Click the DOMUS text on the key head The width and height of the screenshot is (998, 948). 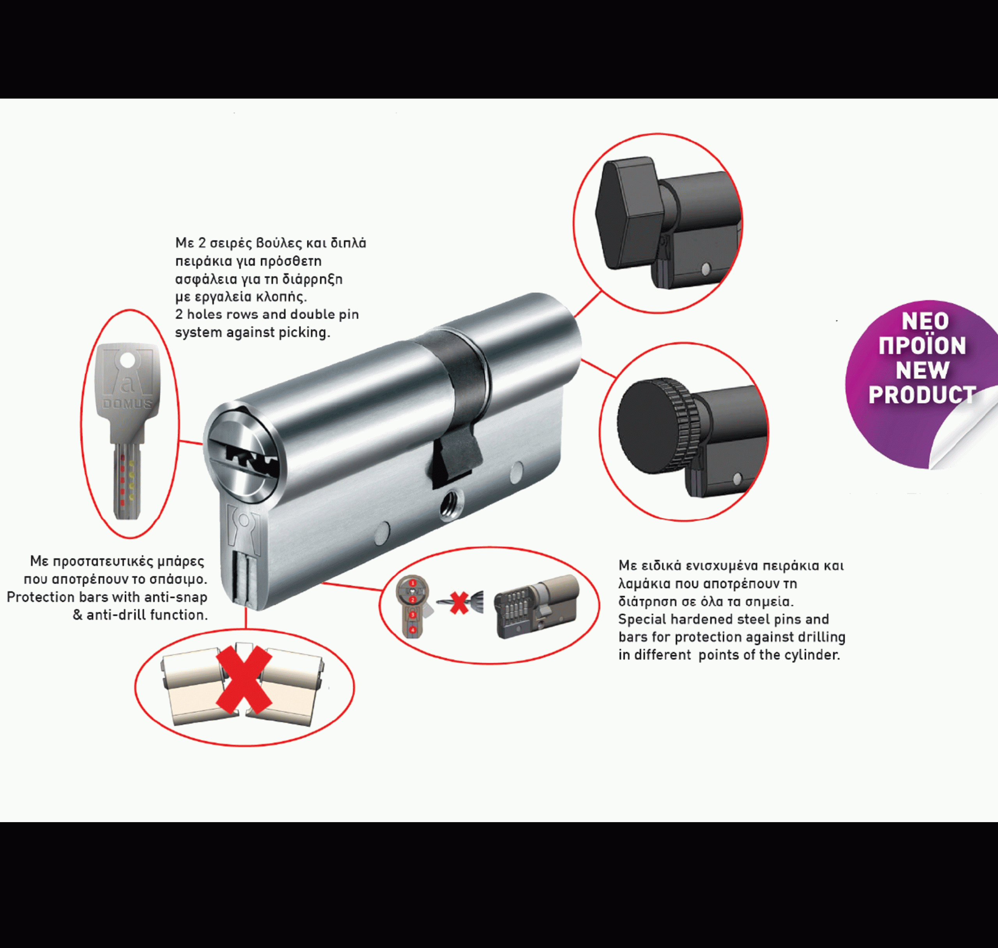[127, 404]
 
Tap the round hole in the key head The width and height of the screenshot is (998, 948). [128, 360]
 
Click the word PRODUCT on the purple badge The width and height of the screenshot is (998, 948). [922, 395]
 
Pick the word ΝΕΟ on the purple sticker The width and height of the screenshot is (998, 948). [925, 321]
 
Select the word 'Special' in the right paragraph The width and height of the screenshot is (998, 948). [642, 620]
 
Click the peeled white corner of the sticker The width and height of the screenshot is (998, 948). [961, 429]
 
